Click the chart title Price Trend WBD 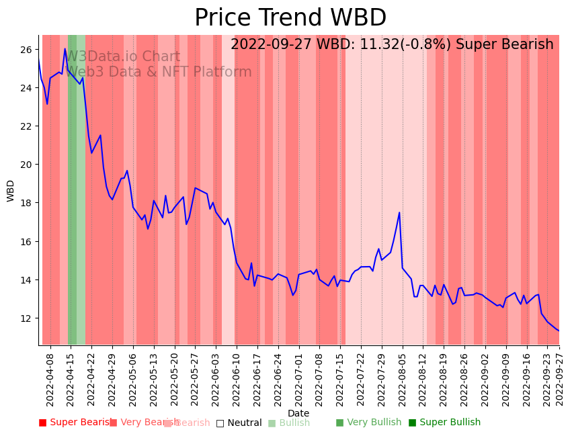click(x=290, y=18)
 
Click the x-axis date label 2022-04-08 click(x=50, y=378)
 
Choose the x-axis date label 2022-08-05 click(x=403, y=378)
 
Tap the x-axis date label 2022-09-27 click(x=559, y=378)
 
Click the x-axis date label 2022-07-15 click(x=340, y=378)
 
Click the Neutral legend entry click(x=239, y=423)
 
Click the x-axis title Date click(x=298, y=414)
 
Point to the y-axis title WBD click(x=11, y=191)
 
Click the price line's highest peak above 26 click(x=65, y=48)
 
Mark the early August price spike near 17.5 click(x=399, y=213)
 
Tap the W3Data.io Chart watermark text click(x=122, y=57)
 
